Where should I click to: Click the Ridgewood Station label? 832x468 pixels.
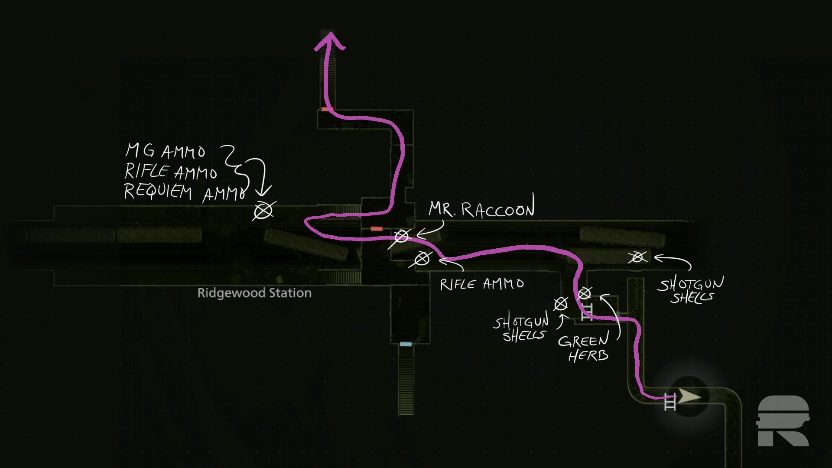pyautogui.click(x=254, y=293)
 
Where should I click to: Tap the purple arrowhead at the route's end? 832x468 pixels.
pyautogui.click(x=329, y=41)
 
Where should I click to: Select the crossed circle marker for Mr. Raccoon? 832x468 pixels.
pyautogui.click(x=402, y=237)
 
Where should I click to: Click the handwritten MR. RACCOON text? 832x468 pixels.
pyautogui.click(x=481, y=209)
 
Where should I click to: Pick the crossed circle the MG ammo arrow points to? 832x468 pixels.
pyautogui.click(x=263, y=211)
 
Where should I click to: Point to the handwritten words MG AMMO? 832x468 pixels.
pyautogui.click(x=165, y=151)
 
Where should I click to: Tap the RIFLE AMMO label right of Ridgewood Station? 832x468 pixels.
pyautogui.click(x=482, y=284)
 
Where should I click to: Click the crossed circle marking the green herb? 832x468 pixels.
pyautogui.click(x=585, y=294)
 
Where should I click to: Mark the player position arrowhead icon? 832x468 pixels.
pyautogui.click(x=689, y=396)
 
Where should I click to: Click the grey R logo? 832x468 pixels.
pyautogui.click(x=783, y=421)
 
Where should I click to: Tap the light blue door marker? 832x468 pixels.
pyautogui.click(x=406, y=344)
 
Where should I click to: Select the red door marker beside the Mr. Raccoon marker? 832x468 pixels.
pyautogui.click(x=377, y=229)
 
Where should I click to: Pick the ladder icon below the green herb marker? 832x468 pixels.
pyautogui.click(x=587, y=312)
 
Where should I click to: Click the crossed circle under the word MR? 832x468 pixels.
pyautogui.click(x=422, y=259)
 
